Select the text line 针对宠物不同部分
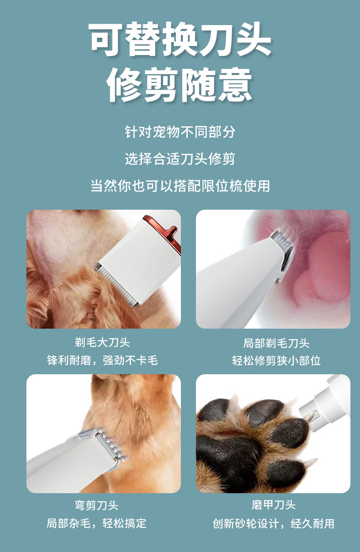click(x=180, y=132)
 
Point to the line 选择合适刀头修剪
click(x=180, y=159)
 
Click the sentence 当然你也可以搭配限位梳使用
click(x=180, y=186)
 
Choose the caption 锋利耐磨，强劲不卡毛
click(x=103, y=360)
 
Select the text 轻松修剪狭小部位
click(x=276, y=360)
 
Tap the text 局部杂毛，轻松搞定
click(x=97, y=523)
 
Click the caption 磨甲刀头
click(x=273, y=505)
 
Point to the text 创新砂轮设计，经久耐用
click(x=273, y=523)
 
